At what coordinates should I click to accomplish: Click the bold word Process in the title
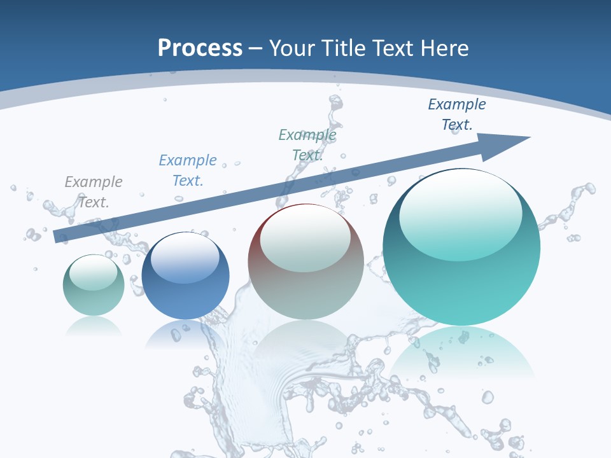200,48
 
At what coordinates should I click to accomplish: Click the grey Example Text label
94,191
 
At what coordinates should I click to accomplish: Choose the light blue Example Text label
188,170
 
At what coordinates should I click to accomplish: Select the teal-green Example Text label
307,144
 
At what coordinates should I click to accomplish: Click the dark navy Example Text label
457,114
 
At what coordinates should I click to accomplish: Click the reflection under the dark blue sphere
185,334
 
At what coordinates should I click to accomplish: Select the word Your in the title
292,48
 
